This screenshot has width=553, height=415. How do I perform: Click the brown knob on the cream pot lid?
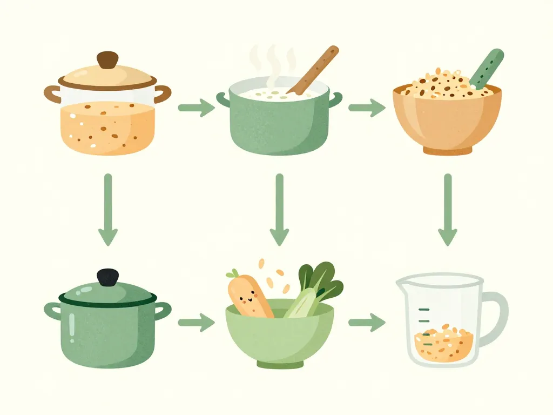[107, 59]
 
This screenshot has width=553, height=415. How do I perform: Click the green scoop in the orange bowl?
[487, 69]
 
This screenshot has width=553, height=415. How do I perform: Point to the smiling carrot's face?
[246, 295]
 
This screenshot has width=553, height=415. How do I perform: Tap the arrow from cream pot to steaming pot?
[196, 108]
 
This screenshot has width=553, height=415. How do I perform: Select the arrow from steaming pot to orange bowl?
[367, 108]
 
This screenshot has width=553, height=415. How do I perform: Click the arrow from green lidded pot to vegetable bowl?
[196, 323]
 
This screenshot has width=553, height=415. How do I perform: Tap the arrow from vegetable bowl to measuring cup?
[367, 323]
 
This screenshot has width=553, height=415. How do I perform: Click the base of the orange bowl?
[447, 151]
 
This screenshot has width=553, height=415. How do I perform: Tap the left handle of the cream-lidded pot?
[52, 93]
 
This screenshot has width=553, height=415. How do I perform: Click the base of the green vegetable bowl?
[279, 365]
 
